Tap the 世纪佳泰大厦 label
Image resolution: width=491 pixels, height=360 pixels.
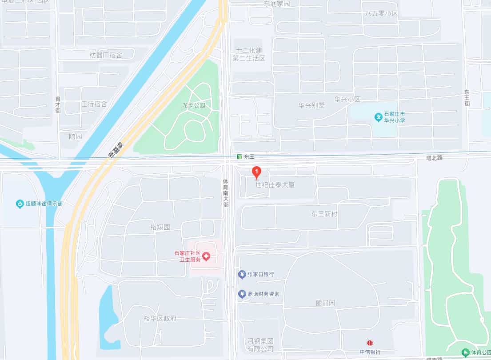[275, 184]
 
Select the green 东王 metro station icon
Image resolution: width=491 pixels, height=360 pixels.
[239, 157]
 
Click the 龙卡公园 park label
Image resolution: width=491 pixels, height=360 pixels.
[194, 105]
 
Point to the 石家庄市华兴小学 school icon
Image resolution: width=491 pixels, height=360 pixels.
[378, 117]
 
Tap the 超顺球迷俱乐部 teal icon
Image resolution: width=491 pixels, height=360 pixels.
[20, 204]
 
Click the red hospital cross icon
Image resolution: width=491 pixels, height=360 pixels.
[206, 256]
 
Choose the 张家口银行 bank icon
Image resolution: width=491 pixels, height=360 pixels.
[242, 274]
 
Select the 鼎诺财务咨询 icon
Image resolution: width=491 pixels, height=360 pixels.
[242, 294]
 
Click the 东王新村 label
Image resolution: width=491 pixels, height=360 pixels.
[324, 214]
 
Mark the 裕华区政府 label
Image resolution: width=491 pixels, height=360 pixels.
[160, 318]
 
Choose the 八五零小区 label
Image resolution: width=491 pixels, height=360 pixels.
[381, 13]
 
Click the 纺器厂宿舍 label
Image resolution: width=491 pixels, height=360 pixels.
[106, 56]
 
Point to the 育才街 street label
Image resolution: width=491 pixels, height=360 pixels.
[58, 105]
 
